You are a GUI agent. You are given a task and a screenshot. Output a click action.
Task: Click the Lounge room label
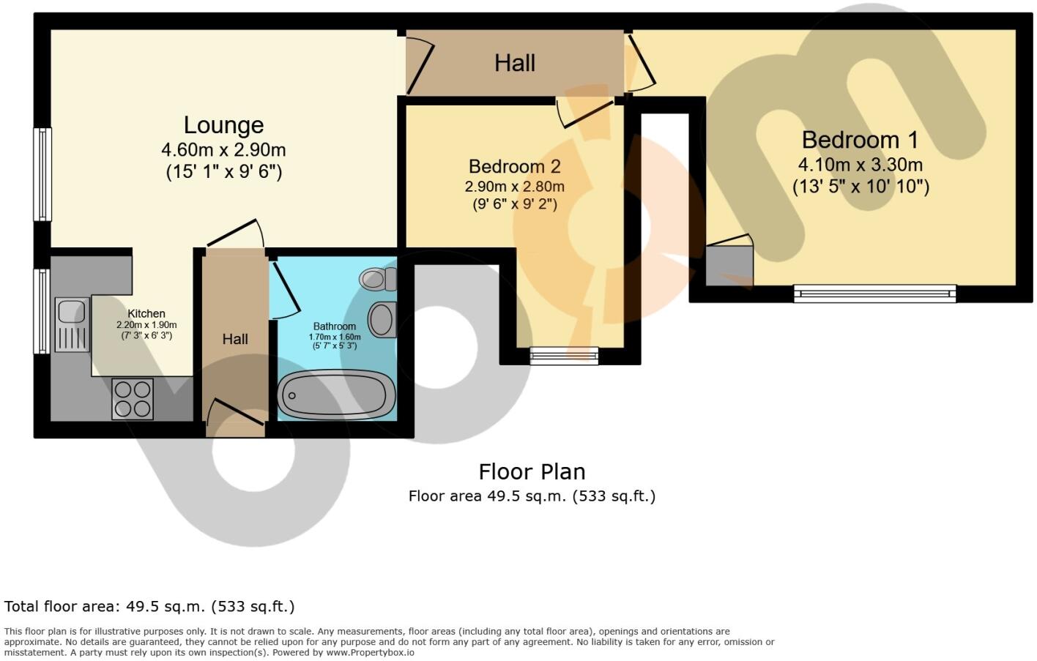[x=223, y=125]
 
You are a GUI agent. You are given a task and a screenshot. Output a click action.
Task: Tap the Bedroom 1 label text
[x=860, y=139]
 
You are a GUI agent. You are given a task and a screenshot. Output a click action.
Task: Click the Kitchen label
[x=146, y=313]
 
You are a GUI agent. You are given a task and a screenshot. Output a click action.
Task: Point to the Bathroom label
[x=335, y=326]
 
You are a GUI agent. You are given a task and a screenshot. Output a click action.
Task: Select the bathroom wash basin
[x=381, y=319]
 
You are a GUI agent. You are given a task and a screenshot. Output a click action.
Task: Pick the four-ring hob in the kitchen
[x=133, y=399]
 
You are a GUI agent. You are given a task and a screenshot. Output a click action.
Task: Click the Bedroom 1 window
[x=874, y=294]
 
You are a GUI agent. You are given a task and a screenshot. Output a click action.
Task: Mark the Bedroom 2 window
[x=564, y=356]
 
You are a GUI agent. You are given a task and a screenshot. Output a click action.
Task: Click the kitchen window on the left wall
[x=42, y=311]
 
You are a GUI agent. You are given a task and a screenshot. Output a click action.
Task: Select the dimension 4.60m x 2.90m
[x=223, y=150]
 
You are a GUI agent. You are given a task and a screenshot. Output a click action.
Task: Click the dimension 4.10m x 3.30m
[x=860, y=165]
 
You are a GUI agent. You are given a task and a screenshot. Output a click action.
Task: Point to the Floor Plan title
[x=532, y=471]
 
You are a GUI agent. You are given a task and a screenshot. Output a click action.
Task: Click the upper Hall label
[x=514, y=63]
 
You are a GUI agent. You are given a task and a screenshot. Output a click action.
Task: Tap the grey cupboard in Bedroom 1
[x=729, y=266]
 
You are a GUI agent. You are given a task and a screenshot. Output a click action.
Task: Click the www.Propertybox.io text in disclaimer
[x=370, y=652]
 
